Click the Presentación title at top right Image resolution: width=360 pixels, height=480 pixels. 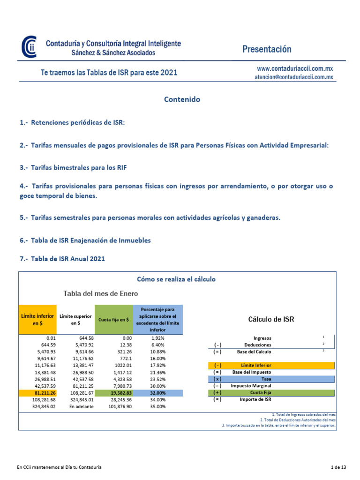267,49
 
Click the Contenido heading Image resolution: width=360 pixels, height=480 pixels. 182,99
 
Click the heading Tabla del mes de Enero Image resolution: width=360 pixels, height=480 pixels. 101,293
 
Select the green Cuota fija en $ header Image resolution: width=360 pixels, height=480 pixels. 113,320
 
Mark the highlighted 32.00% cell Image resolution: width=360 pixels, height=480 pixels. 158,392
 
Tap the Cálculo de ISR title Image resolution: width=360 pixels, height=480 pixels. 271,320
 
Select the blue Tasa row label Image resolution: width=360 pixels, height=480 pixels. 265,379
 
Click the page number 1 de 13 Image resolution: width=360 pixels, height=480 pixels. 337,467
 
